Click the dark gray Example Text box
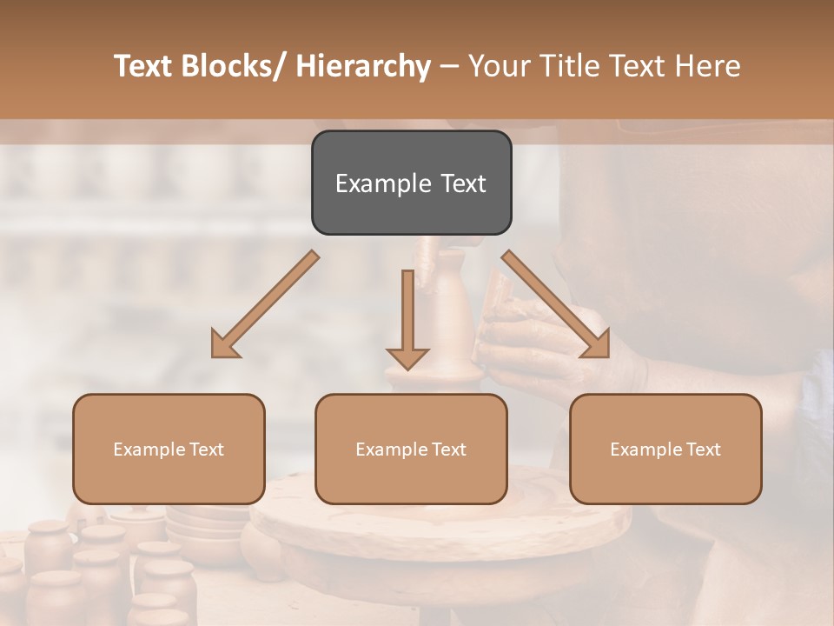pyautogui.click(x=411, y=183)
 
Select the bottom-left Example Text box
pyautogui.click(x=169, y=449)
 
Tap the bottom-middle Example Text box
pyautogui.click(x=411, y=449)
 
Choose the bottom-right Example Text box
pyautogui.click(x=665, y=449)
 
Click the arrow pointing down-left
pyautogui.click(x=266, y=304)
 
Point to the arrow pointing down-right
pyautogui.click(x=556, y=304)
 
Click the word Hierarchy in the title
pyautogui.click(x=363, y=66)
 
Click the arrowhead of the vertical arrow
pyautogui.click(x=407, y=356)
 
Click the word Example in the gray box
pyautogui.click(x=371, y=183)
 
